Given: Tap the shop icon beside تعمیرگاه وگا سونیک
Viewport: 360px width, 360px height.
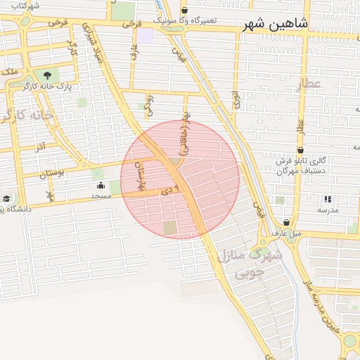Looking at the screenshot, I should (x=184, y=10).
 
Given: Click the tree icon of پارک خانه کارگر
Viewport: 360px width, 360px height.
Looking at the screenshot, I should (x=47, y=75).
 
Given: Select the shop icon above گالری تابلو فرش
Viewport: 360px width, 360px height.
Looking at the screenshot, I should (x=300, y=149).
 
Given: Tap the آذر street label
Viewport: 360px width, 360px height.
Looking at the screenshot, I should (x=40, y=146).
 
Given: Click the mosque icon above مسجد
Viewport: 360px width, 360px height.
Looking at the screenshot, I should (x=101, y=186).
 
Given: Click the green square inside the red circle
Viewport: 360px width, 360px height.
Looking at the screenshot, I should (x=170, y=228).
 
